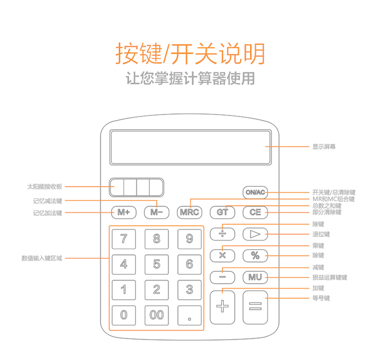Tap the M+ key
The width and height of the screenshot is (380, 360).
pos(124,213)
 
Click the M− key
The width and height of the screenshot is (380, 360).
pos(157,213)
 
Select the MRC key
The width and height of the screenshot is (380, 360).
pos(189,213)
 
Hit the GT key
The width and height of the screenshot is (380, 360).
pos(222,213)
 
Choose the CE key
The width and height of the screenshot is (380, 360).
pos(255,213)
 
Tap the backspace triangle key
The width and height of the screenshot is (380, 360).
pos(255,234)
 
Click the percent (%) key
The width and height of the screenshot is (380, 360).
pos(255,256)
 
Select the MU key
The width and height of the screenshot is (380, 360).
pos(255,277)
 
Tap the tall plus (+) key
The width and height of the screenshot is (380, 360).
pos(222,307)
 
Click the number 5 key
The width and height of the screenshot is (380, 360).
pos(157,264)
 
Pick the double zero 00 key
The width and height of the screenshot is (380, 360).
pos(157,315)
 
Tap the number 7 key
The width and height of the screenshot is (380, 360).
pos(124,239)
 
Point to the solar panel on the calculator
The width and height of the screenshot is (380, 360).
pos(136,187)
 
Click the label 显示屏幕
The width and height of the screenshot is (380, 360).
pos(324,146)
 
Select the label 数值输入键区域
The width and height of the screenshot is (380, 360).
pos(42,258)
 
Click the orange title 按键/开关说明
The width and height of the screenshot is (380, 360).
pos(190,53)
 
